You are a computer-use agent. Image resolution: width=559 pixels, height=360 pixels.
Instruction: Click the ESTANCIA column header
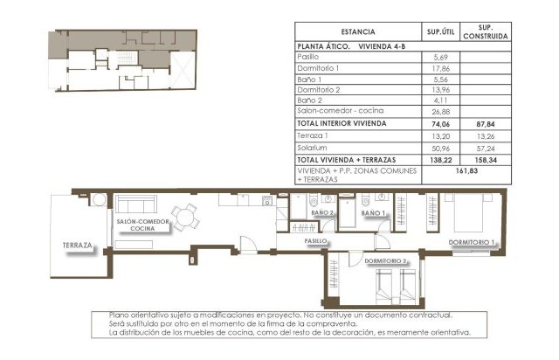pyautogui.click(x=358, y=31)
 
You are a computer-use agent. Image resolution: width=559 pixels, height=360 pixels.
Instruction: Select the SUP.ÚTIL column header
pyautogui.click(x=440, y=31)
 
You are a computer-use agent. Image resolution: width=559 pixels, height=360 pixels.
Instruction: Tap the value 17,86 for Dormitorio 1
pyautogui.click(x=440, y=68)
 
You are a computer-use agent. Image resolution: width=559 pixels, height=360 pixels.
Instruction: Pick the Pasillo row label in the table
pyautogui.click(x=308, y=57)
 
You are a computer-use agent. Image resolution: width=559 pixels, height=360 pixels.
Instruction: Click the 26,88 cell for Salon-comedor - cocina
pyautogui.click(x=440, y=112)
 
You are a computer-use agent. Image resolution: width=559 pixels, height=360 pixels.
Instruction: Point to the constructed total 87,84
pyautogui.click(x=486, y=124)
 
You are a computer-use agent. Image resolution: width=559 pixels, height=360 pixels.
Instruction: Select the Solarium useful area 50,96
pyautogui.click(x=440, y=149)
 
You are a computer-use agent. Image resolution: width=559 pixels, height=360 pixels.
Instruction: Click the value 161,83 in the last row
pyautogui.click(x=466, y=171)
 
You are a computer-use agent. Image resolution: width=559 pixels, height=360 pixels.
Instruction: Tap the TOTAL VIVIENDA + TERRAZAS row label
pyautogui.click(x=347, y=160)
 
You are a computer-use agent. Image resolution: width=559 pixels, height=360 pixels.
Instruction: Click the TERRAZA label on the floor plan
pyautogui.click(x=78, y=246)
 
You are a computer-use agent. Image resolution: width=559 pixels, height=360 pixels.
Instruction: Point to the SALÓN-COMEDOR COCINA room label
pyautogui.click(x=142, y=225)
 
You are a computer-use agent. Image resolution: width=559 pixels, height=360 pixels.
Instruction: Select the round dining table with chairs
pyautogui.click(x=185, y=217)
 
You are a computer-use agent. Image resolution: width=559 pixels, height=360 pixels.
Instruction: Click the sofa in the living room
pyautogui.click(x=136, y=204)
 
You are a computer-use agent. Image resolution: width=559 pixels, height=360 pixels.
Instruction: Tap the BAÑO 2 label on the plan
pyautogui.click(x=322, y=212)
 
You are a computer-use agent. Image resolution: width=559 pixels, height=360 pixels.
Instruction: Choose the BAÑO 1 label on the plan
pyautogui.click(x=373, y=213)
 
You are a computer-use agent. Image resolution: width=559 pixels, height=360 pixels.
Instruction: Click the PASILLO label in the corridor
pyautogui.click(x=315, y=241)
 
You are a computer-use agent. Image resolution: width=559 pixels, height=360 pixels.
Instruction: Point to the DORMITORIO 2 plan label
pyautogui.click(x=385, y=261)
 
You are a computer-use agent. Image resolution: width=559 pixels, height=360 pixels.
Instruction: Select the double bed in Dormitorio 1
pyautogui.click(x=468, y=212)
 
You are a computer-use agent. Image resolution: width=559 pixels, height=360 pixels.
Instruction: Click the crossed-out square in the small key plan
pyautogui.click(x=183, y=69)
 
